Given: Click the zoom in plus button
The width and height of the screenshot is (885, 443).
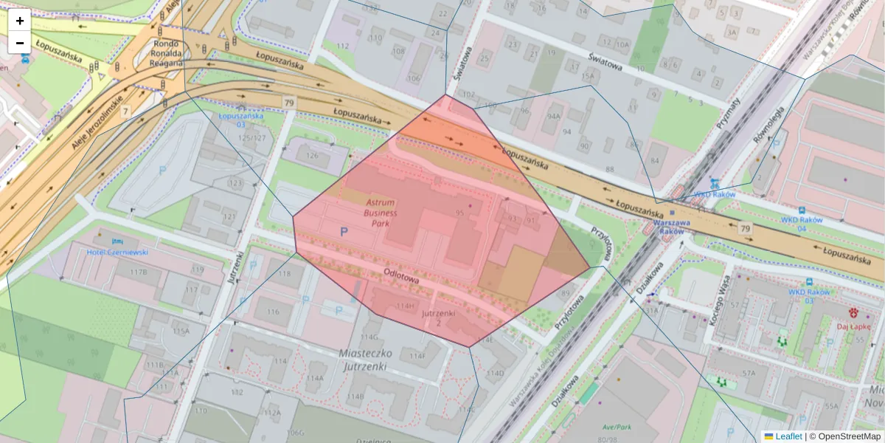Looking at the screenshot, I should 20,20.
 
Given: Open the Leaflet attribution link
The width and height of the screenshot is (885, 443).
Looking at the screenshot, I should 788,436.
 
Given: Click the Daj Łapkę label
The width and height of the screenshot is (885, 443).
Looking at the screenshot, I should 853,326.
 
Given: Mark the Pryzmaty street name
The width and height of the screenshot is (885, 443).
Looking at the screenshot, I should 726,115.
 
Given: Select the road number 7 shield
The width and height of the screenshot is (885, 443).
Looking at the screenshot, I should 126,111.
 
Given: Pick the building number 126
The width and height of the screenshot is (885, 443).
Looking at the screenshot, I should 312,155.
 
